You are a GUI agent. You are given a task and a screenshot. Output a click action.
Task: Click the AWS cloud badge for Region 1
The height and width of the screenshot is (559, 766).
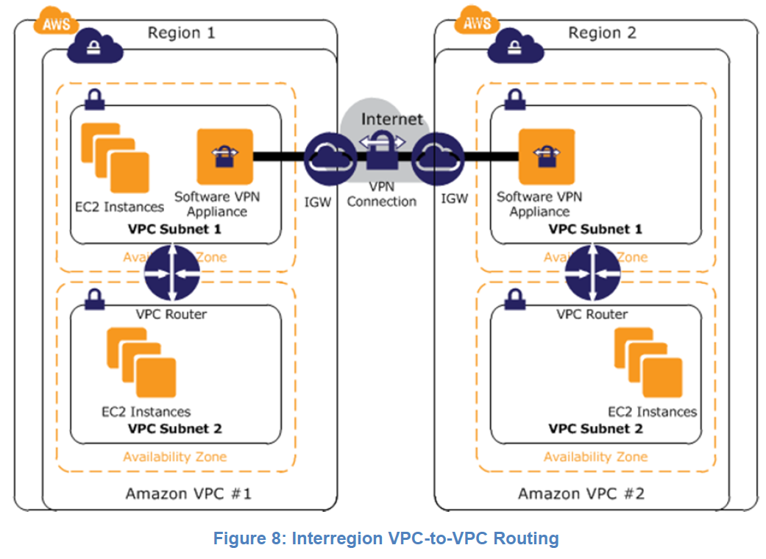click(x=56, y=23)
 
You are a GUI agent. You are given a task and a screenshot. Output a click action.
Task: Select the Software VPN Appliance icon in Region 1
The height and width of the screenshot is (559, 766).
click(x=221, y=157)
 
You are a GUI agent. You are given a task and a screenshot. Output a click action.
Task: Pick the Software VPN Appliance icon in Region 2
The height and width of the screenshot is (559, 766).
click(x=546, y=156)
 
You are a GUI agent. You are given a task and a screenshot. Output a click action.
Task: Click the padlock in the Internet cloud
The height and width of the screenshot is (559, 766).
click(x=381, y=152)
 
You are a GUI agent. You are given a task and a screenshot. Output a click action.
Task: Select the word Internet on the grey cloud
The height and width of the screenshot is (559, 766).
click(x=392, y=118)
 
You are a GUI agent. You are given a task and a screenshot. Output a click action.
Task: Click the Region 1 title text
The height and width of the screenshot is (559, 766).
click(x=182, y=33)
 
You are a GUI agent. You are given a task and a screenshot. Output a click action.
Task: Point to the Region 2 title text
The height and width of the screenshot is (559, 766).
click(x=602, y=33)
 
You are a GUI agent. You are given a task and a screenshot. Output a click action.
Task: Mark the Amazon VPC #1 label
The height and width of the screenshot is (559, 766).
click(x=188, y=493)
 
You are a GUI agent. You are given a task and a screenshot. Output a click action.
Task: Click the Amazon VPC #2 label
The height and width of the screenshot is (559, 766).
click(x=581, y=493)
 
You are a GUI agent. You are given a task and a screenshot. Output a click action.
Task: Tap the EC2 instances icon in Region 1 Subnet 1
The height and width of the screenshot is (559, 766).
click(x=115, y=158)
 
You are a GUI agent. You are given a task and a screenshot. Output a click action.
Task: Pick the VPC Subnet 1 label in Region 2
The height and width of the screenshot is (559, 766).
click(x=595, y=229)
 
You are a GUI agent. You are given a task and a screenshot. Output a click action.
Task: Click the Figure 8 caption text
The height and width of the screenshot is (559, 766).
click(x=386, y=538)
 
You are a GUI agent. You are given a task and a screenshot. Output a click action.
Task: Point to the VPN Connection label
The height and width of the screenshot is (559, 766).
click(x=381, y=195)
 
